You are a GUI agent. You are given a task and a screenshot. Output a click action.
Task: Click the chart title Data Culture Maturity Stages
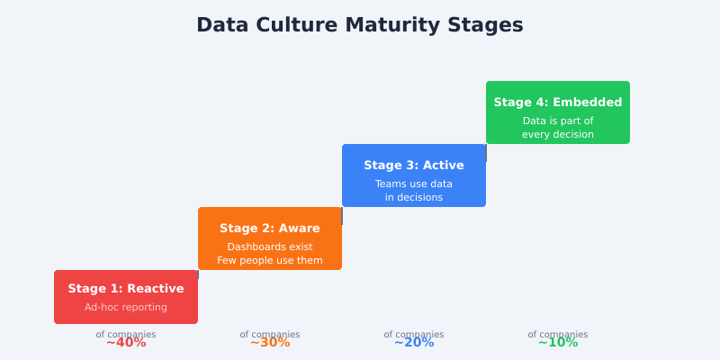[x=360, y=25]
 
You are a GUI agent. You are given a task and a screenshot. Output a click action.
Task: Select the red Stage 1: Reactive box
[x=126, y=297]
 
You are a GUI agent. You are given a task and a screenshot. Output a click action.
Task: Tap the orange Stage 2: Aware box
[x=270, y=238]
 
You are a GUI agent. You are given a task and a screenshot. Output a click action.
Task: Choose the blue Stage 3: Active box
[x=414, y=175]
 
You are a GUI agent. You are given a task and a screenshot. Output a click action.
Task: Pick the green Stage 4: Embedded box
[x=558, y=112]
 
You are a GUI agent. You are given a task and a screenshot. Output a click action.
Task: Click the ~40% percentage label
[x=126, y=343]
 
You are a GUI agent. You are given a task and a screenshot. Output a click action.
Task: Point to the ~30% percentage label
[x=270, y=343]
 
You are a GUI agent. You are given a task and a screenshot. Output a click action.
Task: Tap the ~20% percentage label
[x=414, y=343]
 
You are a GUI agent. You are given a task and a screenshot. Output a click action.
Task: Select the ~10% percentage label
[x=558, y=343]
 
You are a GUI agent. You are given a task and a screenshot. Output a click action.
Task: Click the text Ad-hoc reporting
[x=126, y=307]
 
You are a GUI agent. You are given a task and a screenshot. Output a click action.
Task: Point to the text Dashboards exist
[x=270, y=247]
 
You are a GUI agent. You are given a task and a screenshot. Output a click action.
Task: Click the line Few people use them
[x=270, y=261]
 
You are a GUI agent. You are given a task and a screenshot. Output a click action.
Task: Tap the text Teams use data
[x=414, y=184]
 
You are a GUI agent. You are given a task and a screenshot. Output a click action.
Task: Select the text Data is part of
[x=558, y=121]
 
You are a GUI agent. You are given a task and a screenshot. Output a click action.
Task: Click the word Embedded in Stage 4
[x=588, y=103]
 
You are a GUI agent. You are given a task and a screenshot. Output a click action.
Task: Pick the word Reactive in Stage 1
[x=156, y=289]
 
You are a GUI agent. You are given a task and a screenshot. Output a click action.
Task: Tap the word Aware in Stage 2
[x=300, y=229]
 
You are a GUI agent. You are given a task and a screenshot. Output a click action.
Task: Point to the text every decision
[x=558, y=135]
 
